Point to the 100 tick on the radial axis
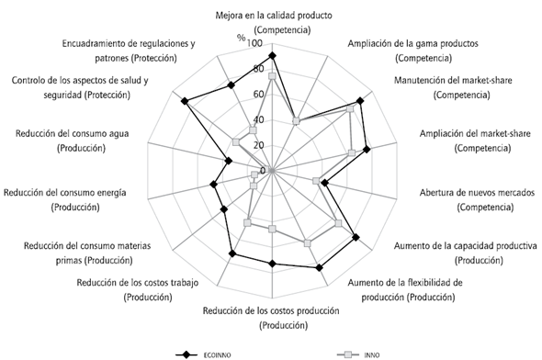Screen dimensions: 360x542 (x=254, y=43)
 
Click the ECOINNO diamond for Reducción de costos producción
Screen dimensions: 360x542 (x=273, y=264)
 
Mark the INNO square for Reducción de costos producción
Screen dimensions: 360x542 (x=273, y=228)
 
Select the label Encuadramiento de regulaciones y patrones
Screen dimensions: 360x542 (x=130, y=51)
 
